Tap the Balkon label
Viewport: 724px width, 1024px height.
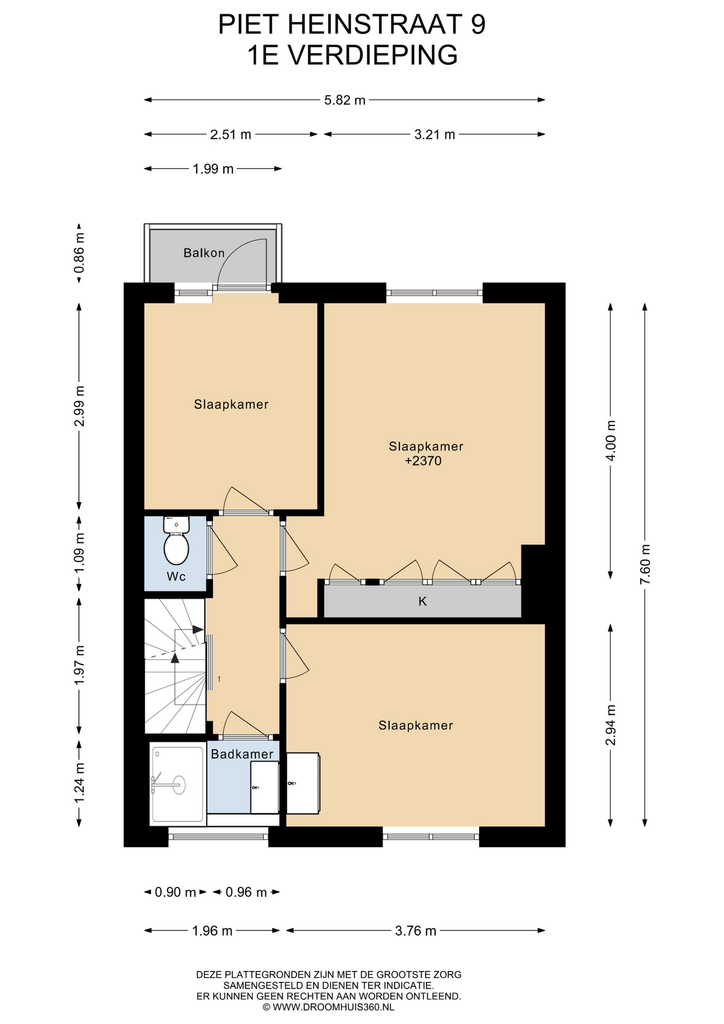[204, 253]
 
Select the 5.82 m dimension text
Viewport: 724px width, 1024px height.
[345, 100]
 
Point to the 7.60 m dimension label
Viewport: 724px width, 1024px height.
[645, 564]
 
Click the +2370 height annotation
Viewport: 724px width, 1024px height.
[423, 461]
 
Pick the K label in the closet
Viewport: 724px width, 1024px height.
[423, 602]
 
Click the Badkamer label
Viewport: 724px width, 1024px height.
[242, 754]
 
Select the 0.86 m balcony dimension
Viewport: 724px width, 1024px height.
[79, 253]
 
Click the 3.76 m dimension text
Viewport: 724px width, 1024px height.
[416, 931]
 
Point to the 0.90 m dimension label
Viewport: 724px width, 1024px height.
[175, 892]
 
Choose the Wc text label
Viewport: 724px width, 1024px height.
[176, 577]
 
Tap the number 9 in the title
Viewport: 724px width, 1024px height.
[478, 25]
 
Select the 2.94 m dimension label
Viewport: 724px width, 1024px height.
[611, 725]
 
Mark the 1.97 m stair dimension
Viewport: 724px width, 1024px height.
[79, 665]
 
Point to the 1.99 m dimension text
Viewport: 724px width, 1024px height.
[213, 169]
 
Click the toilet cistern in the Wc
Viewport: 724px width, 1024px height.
[176, 524]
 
